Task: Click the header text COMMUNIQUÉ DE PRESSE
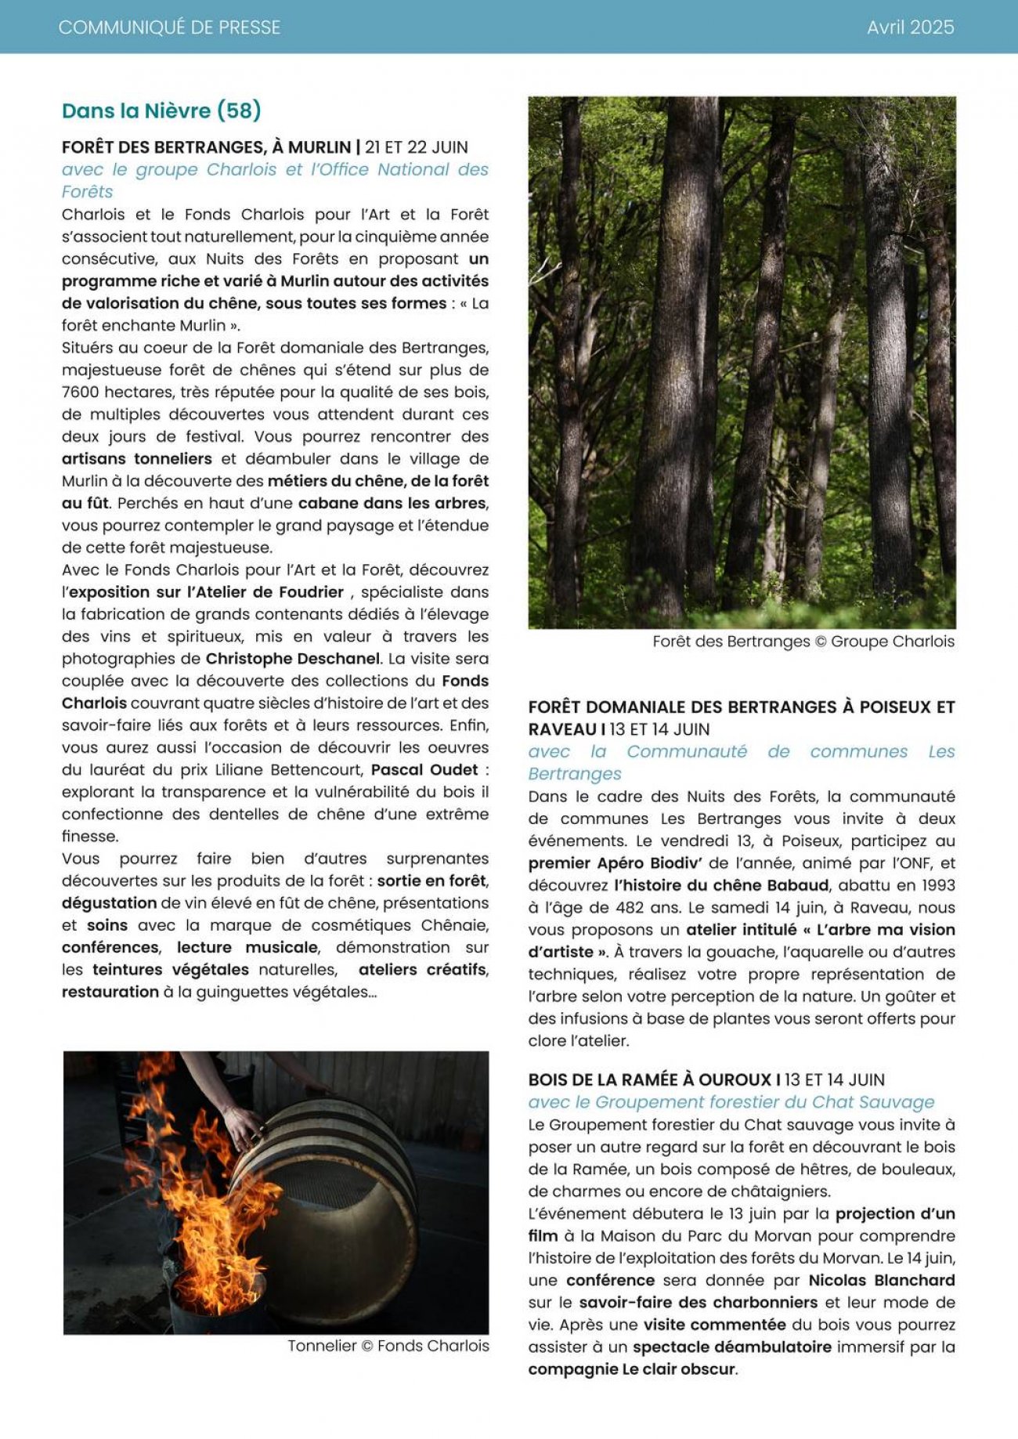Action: (169, 27)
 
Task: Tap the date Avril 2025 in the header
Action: (910, 27)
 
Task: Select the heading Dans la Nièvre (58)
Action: (161, 110)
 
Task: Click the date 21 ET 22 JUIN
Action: (417, 147)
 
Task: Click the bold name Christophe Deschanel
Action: (293, 659)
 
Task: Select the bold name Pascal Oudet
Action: (424, 769)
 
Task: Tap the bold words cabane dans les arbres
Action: (392, 503)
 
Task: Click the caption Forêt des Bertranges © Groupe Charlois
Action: (803, 642)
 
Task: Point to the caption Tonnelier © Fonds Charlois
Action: (388, 1346)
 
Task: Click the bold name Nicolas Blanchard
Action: (882, 1280)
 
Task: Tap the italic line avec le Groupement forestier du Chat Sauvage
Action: (731, 1102)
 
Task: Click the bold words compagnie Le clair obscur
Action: (632, 1369)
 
